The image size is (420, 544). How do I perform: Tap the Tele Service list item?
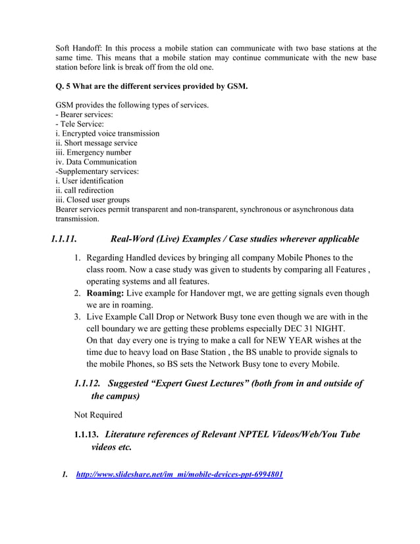pyautogui.click(x=80, y=124)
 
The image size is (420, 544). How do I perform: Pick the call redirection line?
pyautogui.click(x=84, y=190)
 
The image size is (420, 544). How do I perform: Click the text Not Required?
pyautogui.click(x=98, y=415)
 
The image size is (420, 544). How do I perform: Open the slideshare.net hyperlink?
pyautogui.click(x=180, y=474)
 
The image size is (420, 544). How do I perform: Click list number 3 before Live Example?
pyautogui.click(x=77, y=317)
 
